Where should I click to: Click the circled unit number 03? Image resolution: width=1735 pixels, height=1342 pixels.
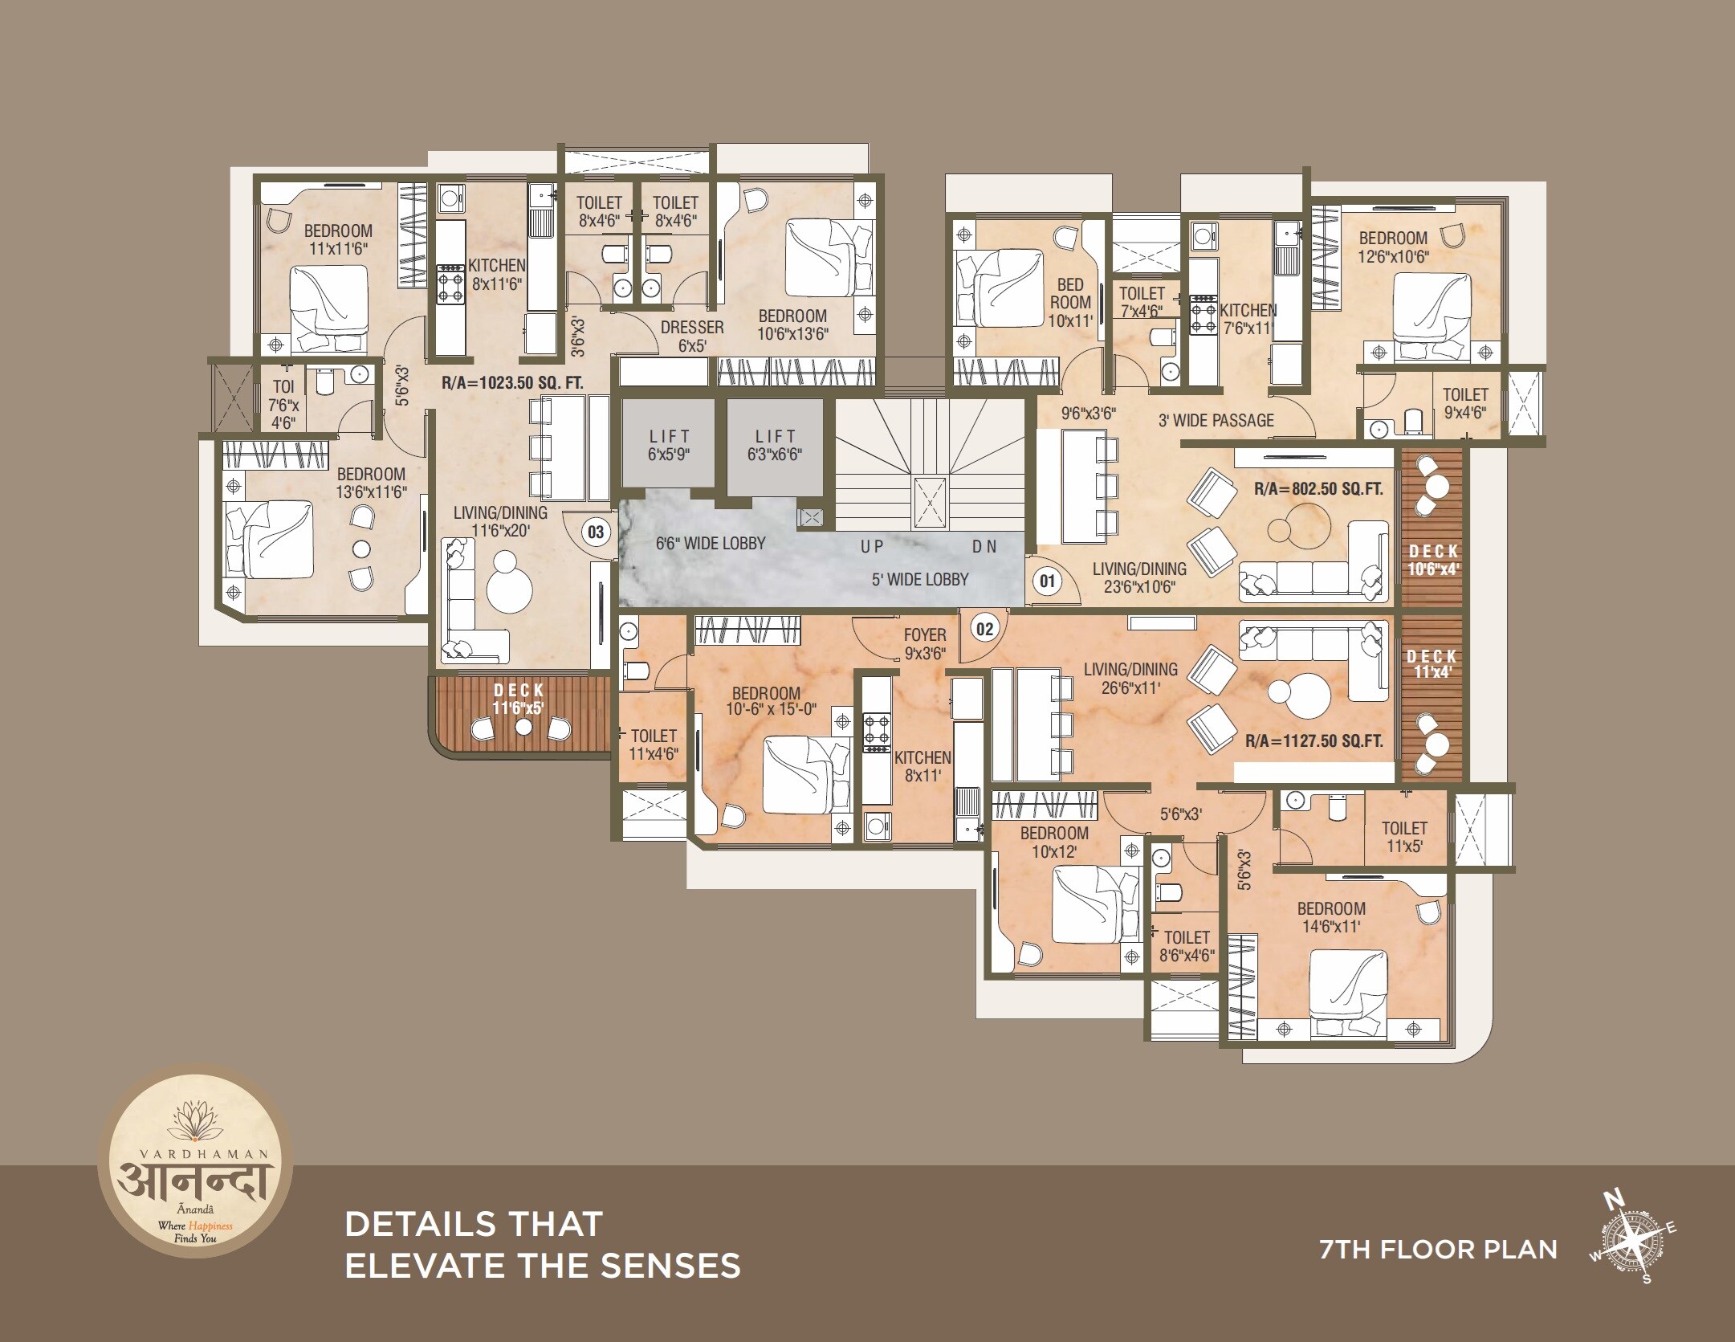(x=596, y=532)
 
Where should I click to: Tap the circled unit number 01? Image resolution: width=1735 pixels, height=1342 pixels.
(x=1046, y=580)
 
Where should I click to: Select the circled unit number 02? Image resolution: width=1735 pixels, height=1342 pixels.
(x=985, y=629)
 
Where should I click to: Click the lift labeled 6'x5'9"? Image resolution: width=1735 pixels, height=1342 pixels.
(x=670, y=445)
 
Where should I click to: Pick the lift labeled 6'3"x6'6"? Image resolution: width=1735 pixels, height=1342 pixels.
(x=776, y=445)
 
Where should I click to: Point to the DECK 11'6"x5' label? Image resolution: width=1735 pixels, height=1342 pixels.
(x=519, y=699)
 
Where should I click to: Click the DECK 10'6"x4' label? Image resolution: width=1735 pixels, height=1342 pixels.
(x=1434, y=560)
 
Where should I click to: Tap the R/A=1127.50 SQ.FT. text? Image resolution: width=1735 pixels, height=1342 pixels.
(x=1314, y=740)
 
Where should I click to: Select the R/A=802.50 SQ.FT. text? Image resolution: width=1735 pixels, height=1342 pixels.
(x=1318, y=488)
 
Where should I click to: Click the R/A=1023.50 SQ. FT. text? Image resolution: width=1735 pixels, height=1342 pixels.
(x=512, y=382)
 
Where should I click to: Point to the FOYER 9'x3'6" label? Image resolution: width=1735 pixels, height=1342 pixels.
(x=924, y=644)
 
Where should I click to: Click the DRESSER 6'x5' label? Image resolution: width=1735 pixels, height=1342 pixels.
(x=692, y=337)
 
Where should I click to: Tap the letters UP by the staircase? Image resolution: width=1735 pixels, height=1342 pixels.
(x=872, y=547)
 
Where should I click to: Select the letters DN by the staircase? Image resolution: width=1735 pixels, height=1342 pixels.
(x=984, y=547)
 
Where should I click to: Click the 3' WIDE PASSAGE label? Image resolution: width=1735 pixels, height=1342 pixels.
(x=1216, y=421)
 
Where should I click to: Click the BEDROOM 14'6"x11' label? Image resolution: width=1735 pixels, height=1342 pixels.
(x=1331, y=917)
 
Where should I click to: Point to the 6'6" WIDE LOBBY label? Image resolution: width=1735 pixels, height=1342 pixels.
(x=711, y=544)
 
